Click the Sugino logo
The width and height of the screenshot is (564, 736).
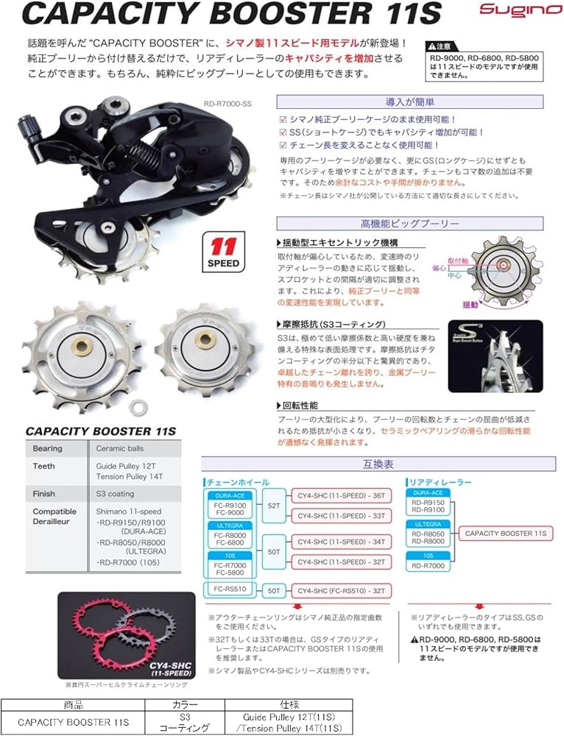point(509,10)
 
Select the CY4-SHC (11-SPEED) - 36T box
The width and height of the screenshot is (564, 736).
point(341,495)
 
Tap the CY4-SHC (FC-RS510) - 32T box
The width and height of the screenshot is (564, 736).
point(341,590)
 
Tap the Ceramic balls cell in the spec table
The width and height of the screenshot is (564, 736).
point(120,448)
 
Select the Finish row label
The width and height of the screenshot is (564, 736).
point(43,493)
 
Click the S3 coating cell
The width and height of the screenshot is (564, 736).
point(116,493)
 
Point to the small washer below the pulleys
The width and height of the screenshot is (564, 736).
point(137,405)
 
